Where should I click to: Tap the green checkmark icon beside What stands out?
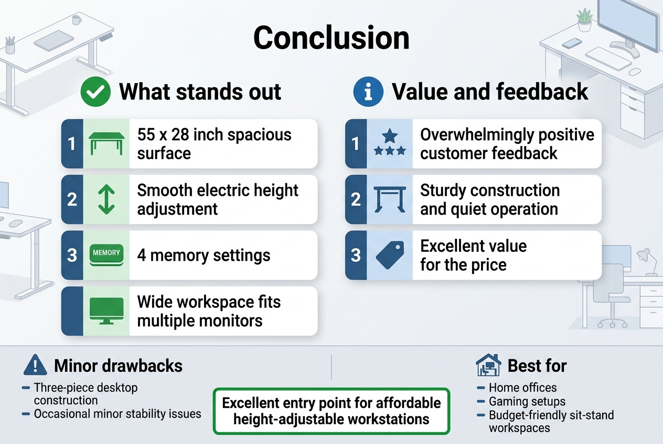95,92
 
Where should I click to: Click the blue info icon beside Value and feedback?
368,92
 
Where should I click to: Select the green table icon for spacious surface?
106,143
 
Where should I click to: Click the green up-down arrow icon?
106,199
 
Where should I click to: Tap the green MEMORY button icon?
106,255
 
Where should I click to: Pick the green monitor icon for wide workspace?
106,310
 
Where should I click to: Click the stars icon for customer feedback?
390,143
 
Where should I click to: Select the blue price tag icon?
390,255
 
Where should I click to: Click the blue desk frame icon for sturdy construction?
390,199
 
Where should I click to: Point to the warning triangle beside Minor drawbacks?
36,365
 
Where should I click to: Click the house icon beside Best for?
488,365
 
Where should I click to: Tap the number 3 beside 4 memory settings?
72,256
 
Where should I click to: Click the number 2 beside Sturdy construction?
356,199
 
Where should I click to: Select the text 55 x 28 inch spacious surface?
214,143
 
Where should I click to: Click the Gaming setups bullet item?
527,402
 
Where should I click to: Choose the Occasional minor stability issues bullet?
117,414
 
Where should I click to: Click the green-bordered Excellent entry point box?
331,411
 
